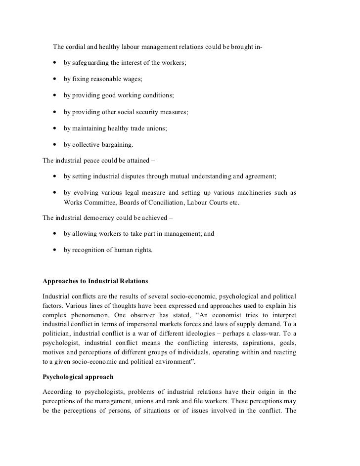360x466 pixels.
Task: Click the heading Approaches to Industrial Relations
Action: pos(96,282)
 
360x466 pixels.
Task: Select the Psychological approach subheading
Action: pos(78,377)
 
